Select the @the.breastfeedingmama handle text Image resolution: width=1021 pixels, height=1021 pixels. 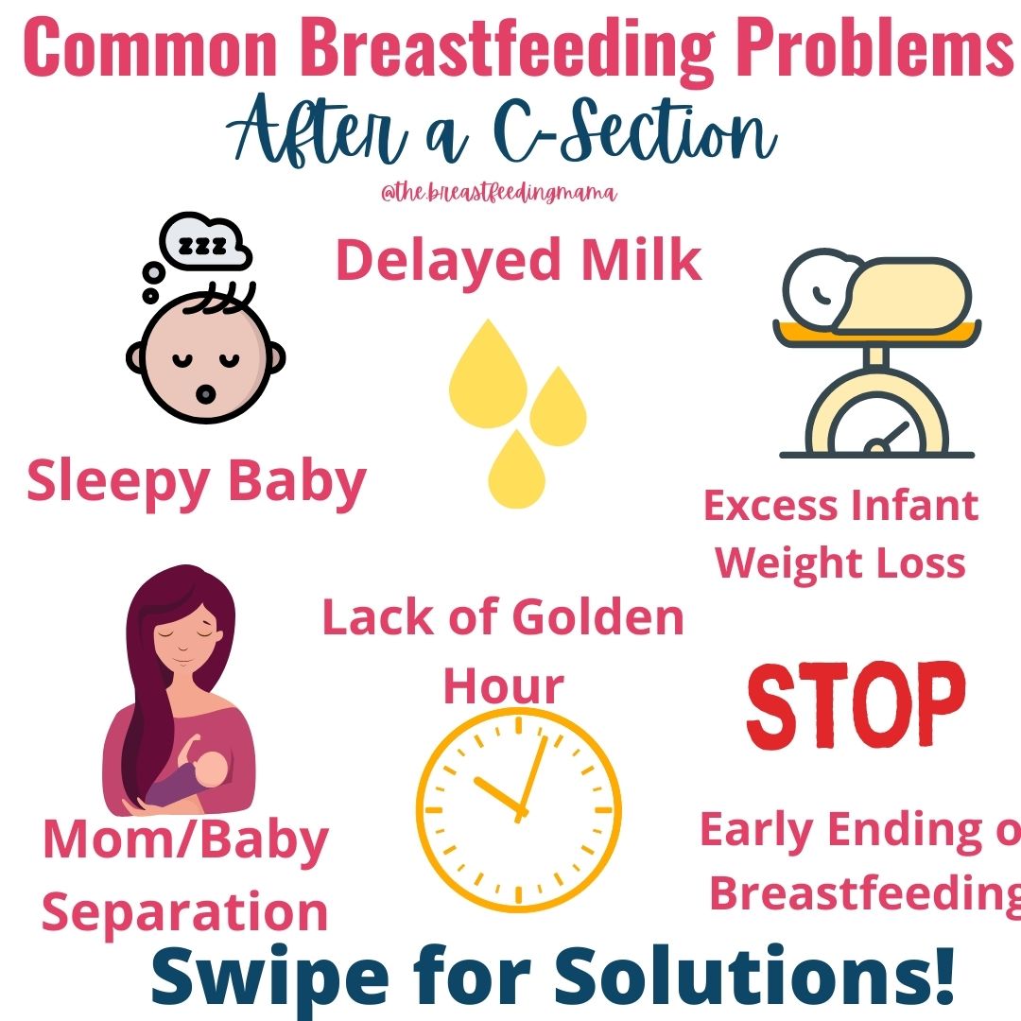tap(499, 193)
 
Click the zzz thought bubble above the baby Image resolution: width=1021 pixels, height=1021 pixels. tap(204, 242)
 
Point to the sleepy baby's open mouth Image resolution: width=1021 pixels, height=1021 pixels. tap(205, 394)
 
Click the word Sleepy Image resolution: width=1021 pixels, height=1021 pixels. tap(118, 482)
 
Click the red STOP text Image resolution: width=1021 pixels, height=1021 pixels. tap(856, 705)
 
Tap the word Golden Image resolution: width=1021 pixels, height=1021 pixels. tap(598, 617)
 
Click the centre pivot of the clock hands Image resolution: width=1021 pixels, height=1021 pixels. tap(520, 813)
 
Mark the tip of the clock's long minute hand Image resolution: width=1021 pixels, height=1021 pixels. tap(545, 737)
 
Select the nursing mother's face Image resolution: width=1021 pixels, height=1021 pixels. tap(185, 639)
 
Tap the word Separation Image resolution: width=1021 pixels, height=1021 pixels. tap(185, 912)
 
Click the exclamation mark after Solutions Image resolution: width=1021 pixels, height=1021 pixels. tap(941, 974)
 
